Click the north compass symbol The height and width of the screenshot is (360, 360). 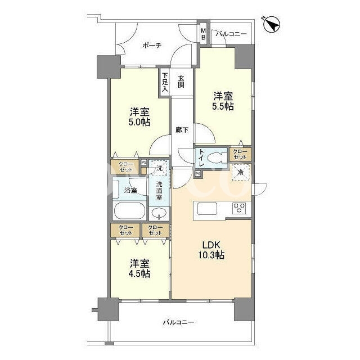click(271, 25)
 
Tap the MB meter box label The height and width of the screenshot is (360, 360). click(203, 34)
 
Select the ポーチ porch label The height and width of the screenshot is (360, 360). click(152, 45)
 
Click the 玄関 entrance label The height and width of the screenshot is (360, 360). click(181, 82)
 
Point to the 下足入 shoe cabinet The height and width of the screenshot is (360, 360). click(165, 82)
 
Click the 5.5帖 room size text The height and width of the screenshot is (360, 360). click(223, 106)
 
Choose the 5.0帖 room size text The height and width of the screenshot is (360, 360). click(139, 122)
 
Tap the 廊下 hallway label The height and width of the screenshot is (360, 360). click(182, 130)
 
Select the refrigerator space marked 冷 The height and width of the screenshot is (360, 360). click(240, 172)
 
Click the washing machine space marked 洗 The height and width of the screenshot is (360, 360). click(159, 168)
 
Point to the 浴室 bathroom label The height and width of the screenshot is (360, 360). click(130, 190)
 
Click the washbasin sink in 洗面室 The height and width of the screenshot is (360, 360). click(159, 213)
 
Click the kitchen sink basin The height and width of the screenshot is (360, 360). click(207, 209)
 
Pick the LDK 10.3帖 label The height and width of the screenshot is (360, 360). click(211, 250)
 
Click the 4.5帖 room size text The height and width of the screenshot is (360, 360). click(140, 274)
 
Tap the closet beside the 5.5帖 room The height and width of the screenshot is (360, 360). click(240, 154)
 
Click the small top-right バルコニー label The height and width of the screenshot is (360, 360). click(231, 34)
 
